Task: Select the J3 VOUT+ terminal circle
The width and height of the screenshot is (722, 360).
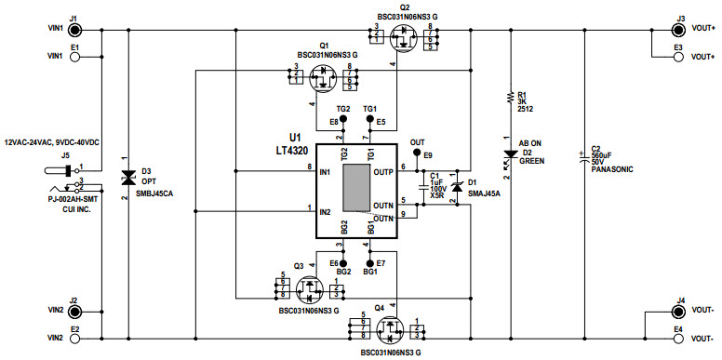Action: (678, 30)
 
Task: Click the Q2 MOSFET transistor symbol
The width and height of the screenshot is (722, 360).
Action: (404, 38)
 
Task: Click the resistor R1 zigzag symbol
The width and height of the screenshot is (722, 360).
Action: (509, 98)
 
